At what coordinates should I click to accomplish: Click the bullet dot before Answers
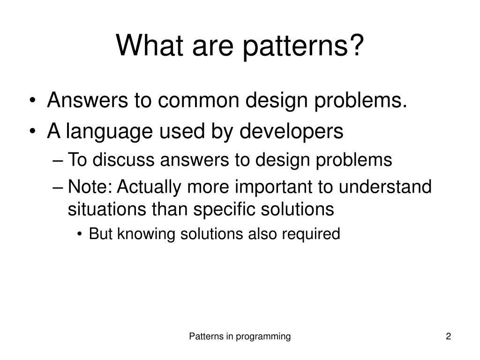point(33,100)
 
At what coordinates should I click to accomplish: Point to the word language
point(109,132)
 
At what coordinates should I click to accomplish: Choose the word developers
point(291,132)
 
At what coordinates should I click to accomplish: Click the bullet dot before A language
point(33,131)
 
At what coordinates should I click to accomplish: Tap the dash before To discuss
point(58,160)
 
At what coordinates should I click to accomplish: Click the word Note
point(90,187)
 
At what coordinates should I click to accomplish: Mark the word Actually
point(149,187)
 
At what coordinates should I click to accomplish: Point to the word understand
point(385,187)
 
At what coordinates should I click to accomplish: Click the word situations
point(107,210)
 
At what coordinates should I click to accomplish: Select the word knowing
point(146,234)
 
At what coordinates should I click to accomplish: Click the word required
point(311,234)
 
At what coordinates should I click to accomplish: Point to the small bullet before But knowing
point(80,234)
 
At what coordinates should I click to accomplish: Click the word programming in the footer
point(263,337)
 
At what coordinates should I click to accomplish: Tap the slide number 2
point(449,336)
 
